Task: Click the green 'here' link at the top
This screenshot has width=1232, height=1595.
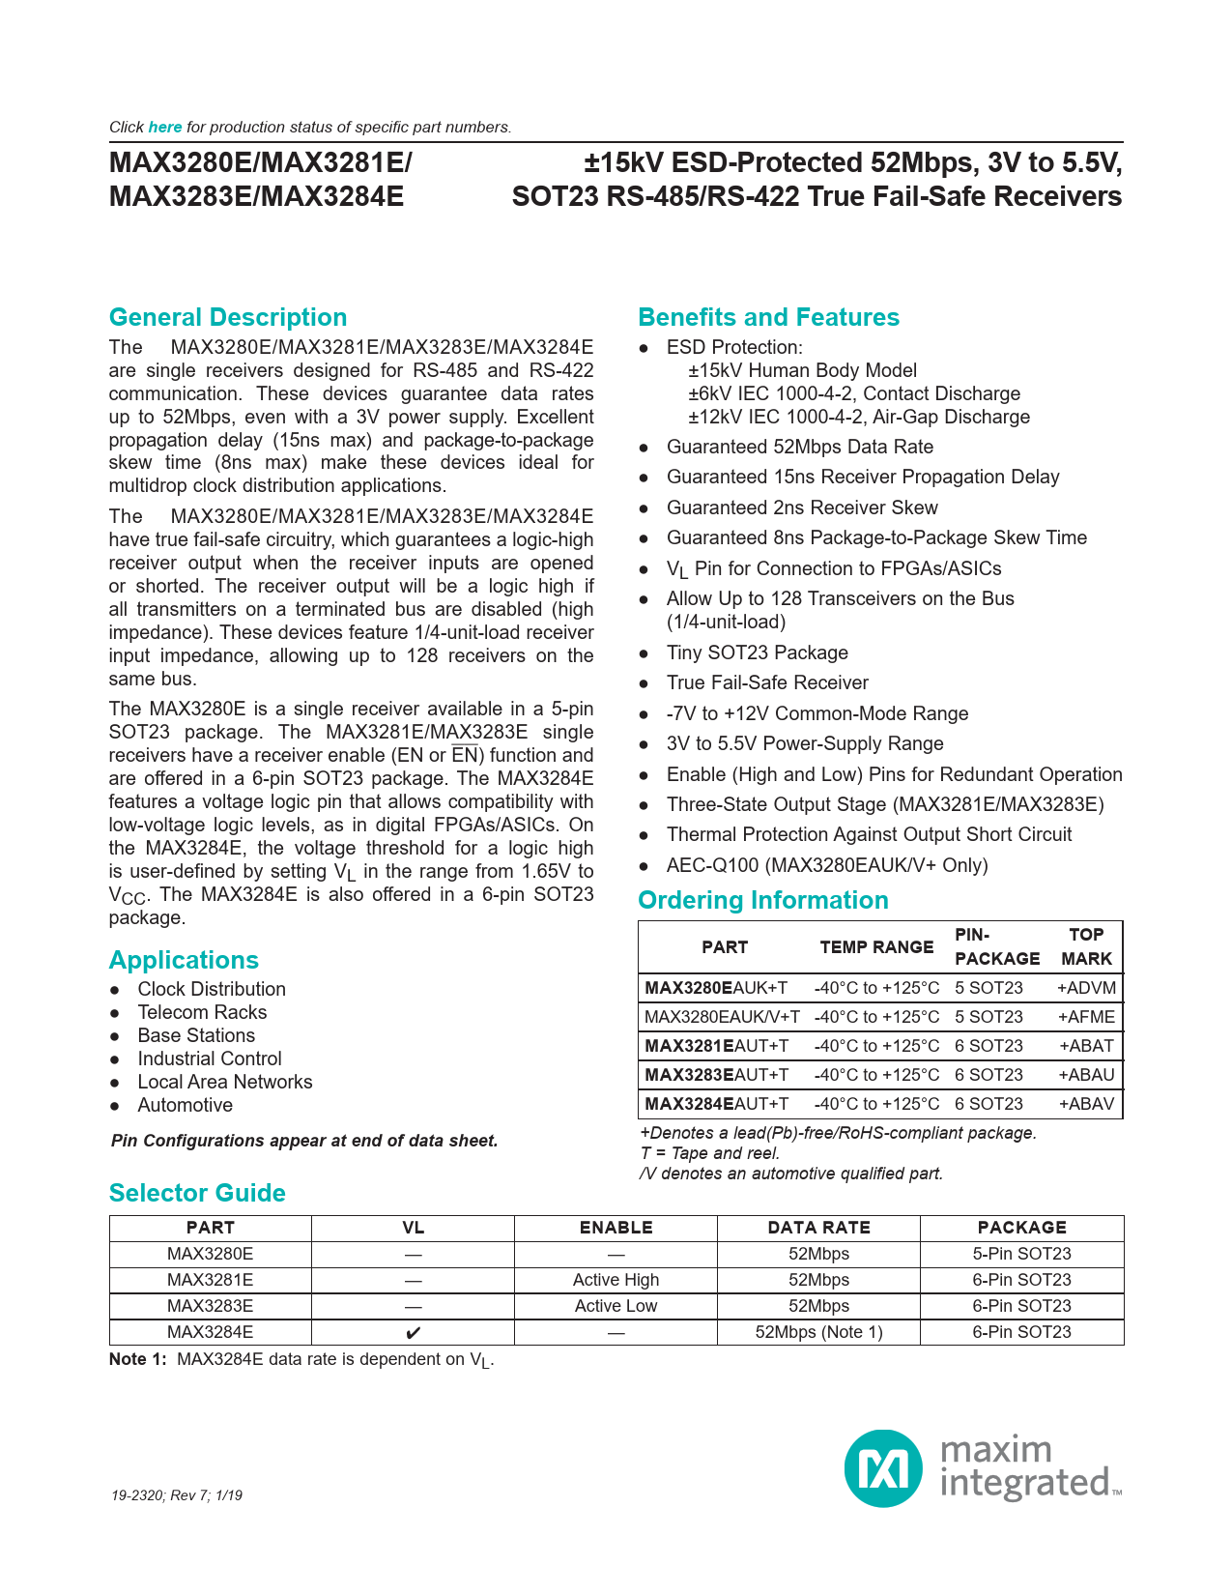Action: tap(165, 128)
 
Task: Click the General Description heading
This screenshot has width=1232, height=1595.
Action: tap(228, 318)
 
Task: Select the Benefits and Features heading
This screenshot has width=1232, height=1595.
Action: tap(768, 318)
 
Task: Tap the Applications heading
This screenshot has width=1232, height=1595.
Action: tap(184, 961)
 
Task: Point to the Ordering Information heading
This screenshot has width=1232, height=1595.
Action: tap(763, 901)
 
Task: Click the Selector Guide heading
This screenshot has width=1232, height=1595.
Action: tap(197, 1194)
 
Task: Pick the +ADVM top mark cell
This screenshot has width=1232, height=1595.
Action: tap(1086, 988)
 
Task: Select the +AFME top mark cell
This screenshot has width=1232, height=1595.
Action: tap(1086, 1017)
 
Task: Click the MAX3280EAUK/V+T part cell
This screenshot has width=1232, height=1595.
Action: tap(722, 1017)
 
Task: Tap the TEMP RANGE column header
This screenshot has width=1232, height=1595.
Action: tap(876, 947)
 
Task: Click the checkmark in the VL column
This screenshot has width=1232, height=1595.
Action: tap(414, 1333)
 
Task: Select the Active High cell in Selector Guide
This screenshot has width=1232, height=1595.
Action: tap(616, 1280)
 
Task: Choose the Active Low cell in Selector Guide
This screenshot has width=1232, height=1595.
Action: tap(616, 1306)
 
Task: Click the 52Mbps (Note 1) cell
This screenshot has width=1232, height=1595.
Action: tap(818, 1332)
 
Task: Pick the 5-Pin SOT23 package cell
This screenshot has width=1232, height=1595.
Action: tap(1021, 1254)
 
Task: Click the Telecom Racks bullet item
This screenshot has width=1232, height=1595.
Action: tap(202, 1013)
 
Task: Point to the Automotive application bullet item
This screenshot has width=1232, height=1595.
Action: tap(185, 1106)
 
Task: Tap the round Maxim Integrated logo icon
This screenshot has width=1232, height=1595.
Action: tap(883, 1468)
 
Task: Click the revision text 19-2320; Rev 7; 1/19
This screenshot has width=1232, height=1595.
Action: tap(177, 1495)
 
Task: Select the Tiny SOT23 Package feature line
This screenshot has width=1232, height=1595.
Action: tap(757, 653)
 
